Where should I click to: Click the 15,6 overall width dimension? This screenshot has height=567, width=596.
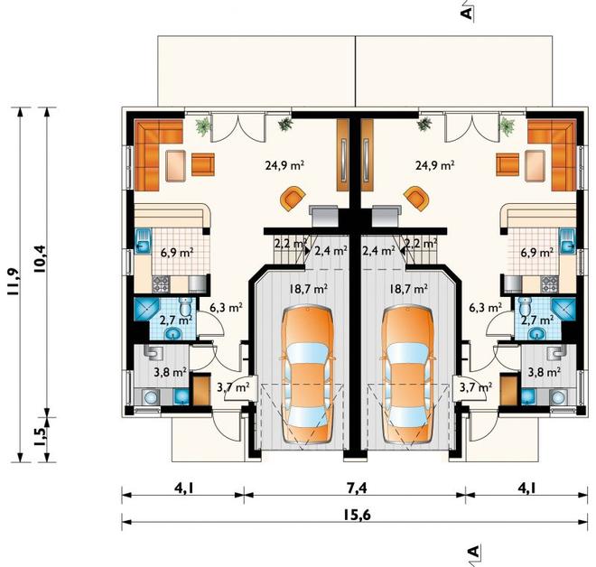(357, 515)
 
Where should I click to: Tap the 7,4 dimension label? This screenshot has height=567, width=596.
(357, 488)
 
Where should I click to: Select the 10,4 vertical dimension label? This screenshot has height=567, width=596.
(40, 259)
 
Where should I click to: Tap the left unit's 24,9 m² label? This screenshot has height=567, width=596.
(284, 165)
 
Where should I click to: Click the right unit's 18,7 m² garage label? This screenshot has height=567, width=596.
(406, 289)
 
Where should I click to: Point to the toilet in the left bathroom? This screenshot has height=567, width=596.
(186, 307)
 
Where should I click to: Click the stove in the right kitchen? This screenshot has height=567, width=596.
(550, 283)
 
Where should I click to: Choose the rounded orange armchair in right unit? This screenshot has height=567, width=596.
(417, 197)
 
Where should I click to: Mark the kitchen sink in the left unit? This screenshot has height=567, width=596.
(144, 241)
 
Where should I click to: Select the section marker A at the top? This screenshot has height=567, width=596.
(467, 13)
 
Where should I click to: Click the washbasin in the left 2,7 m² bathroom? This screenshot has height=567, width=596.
(173, 334)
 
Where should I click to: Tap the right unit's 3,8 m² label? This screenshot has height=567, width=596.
(544, 372)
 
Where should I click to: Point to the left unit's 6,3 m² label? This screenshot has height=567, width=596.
(226, 307)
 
